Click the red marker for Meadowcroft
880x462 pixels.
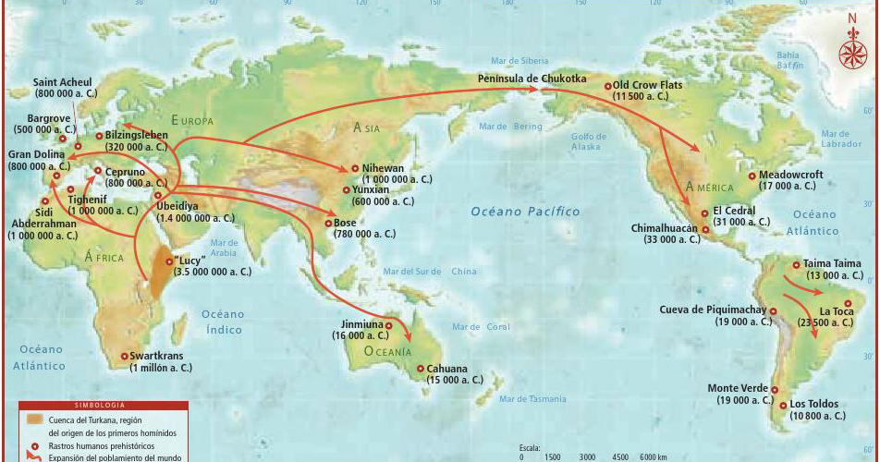[752, 176]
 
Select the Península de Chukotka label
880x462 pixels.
[532, 79]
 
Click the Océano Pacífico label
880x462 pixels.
[525, 212]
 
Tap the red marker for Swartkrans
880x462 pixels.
[125, 356]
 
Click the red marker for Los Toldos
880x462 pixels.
[782, 405]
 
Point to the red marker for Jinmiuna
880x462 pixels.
[389, 325]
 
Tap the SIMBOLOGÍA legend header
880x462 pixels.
[104, 406]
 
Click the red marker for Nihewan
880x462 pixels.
[354, 168]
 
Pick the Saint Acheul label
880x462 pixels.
[63, 81]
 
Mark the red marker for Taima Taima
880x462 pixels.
[796, 264]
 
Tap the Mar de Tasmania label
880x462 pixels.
[532, 399]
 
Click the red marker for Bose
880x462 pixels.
[328, 223]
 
